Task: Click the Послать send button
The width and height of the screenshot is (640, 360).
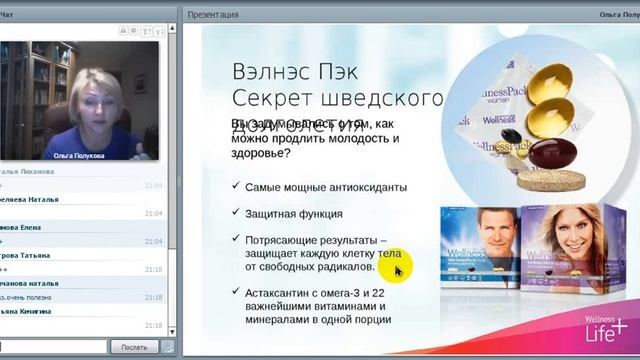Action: (x=133, y=346)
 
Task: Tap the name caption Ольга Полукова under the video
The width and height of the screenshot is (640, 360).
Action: (x=79, y=155)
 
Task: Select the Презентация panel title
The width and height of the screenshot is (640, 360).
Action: (x=213, y=14)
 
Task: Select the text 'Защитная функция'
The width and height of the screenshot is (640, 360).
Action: (x=294, y=213)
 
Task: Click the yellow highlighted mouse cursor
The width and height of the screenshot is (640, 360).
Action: (x=397, y=270)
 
